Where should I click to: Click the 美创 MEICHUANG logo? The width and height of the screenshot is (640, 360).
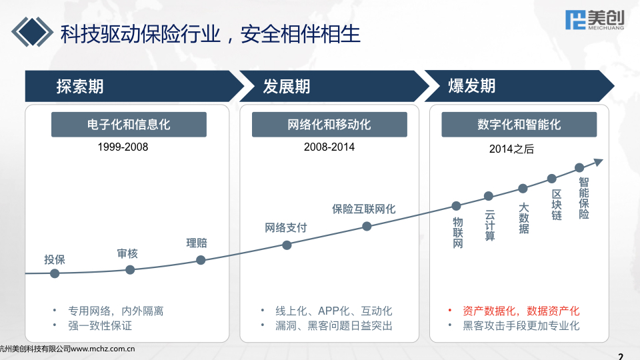coord(595,19)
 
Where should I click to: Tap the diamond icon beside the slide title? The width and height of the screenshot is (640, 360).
coord(32,32)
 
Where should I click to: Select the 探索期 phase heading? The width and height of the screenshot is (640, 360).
coord(80,86)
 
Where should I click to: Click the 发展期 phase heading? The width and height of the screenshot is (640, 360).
coord(287,86)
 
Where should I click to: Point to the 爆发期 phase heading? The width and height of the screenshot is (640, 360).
coord(472,86)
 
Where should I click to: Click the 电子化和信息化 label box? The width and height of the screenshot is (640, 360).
coord(129,125)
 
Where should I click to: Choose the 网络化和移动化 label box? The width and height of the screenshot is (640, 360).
coord(329,125)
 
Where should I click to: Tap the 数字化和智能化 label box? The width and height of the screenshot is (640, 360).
coord(519,125)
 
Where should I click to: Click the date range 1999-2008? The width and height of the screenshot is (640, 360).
coord(123,147)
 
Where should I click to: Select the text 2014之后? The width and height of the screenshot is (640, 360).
coord(511,149)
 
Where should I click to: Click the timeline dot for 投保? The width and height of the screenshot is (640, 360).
coord(55,273)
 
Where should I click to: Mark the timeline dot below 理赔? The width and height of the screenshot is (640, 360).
coord(201,260)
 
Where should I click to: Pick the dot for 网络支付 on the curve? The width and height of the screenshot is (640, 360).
coord(287,245)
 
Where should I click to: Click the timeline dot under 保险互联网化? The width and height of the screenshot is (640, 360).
coord(367,226)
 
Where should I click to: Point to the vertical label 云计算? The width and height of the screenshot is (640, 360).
coord(490,226)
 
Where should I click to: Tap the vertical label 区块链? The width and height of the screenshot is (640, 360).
coord(557,205)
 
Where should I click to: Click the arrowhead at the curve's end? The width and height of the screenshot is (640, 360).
coord(599,162)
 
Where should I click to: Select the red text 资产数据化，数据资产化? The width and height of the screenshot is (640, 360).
coord(521,311)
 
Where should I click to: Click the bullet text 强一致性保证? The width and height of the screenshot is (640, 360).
coord(100,326)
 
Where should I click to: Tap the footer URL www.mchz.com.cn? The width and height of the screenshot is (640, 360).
coord(103,349)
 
